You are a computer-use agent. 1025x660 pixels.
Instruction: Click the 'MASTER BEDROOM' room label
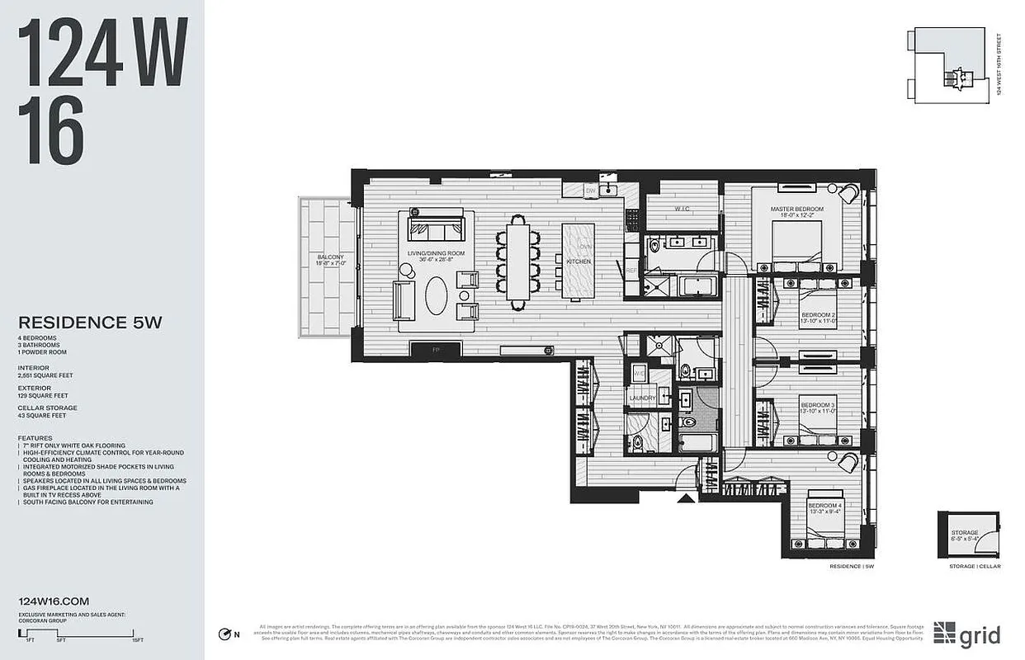tap(796, 210)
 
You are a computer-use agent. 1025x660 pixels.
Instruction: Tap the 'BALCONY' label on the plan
tap(330, 257)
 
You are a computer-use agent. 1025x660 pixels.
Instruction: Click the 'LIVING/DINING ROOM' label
tap(436, 253)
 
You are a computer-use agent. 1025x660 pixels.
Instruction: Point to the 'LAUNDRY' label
tap(642, 398)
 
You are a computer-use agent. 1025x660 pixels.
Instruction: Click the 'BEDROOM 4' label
tap(824, 505)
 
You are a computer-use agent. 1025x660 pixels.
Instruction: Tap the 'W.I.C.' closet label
tap(681, 209)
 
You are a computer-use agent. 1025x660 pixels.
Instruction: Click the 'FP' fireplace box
tap(435, 350)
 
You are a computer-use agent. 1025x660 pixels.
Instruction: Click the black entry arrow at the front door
tap(684, 497)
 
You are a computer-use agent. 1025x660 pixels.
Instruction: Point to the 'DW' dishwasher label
tap(590, 191)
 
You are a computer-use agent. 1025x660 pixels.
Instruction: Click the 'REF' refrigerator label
tap(631, 271)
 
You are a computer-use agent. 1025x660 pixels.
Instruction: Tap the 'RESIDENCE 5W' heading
tap(90, 323)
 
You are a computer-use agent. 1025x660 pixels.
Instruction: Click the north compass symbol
tap(224, 634)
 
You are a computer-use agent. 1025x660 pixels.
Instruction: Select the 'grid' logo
tap(966, 633)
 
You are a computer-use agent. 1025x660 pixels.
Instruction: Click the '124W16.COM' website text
tap(53, 601)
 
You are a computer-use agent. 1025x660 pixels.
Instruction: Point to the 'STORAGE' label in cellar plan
tap(964, 533)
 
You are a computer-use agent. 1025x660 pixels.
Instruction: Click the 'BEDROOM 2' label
tap(818, 315)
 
